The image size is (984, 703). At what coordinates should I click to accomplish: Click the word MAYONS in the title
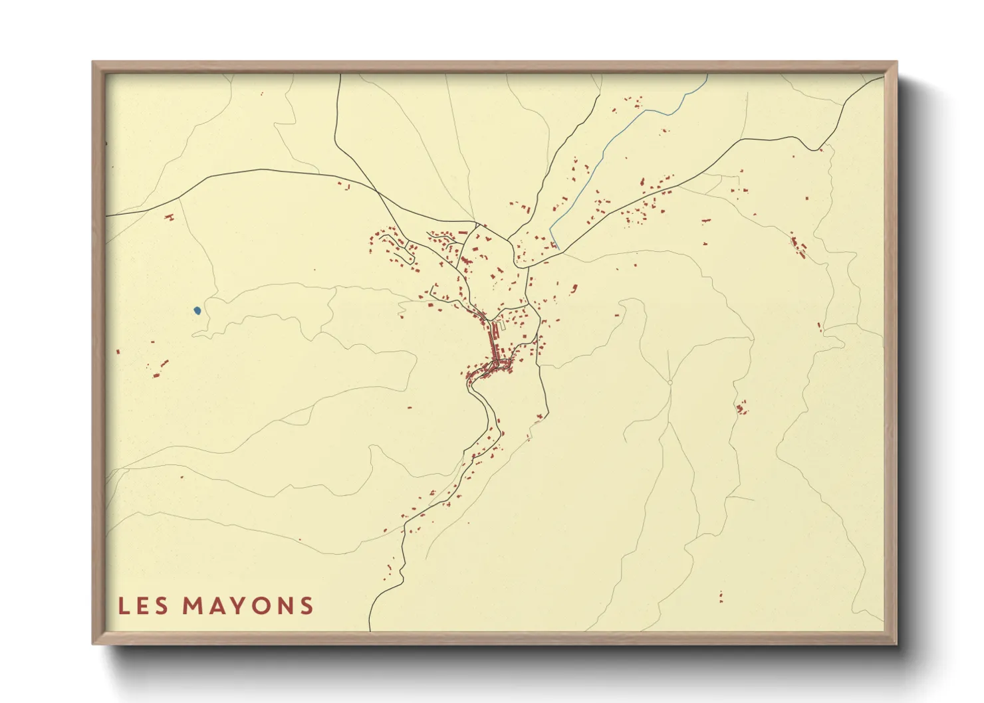[x=248, y=606]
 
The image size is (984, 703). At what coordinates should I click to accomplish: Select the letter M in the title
[x=193, y=606]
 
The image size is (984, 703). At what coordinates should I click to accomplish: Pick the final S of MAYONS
[x=307, y=606]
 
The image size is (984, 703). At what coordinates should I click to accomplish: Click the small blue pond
[x=197, y=310]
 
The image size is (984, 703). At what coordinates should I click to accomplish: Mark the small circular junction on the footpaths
[x=670, y=383]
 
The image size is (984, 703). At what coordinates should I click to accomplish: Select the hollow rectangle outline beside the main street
[x=503, y=326]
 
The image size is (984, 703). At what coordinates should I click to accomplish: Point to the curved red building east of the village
[x=574, y=288]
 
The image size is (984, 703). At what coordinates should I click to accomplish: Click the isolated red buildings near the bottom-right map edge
[x=721, y=597]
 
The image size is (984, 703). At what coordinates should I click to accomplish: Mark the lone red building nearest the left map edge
[x=118, y=351]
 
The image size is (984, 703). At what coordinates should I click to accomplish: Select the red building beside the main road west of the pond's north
[x=169, y=217]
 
